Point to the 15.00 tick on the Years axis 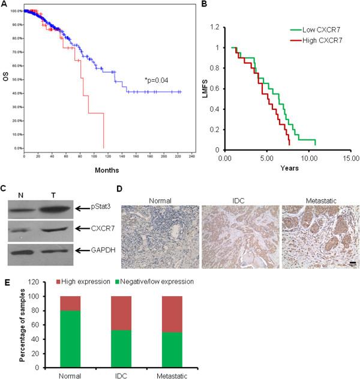343,159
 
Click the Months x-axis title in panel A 92,171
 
